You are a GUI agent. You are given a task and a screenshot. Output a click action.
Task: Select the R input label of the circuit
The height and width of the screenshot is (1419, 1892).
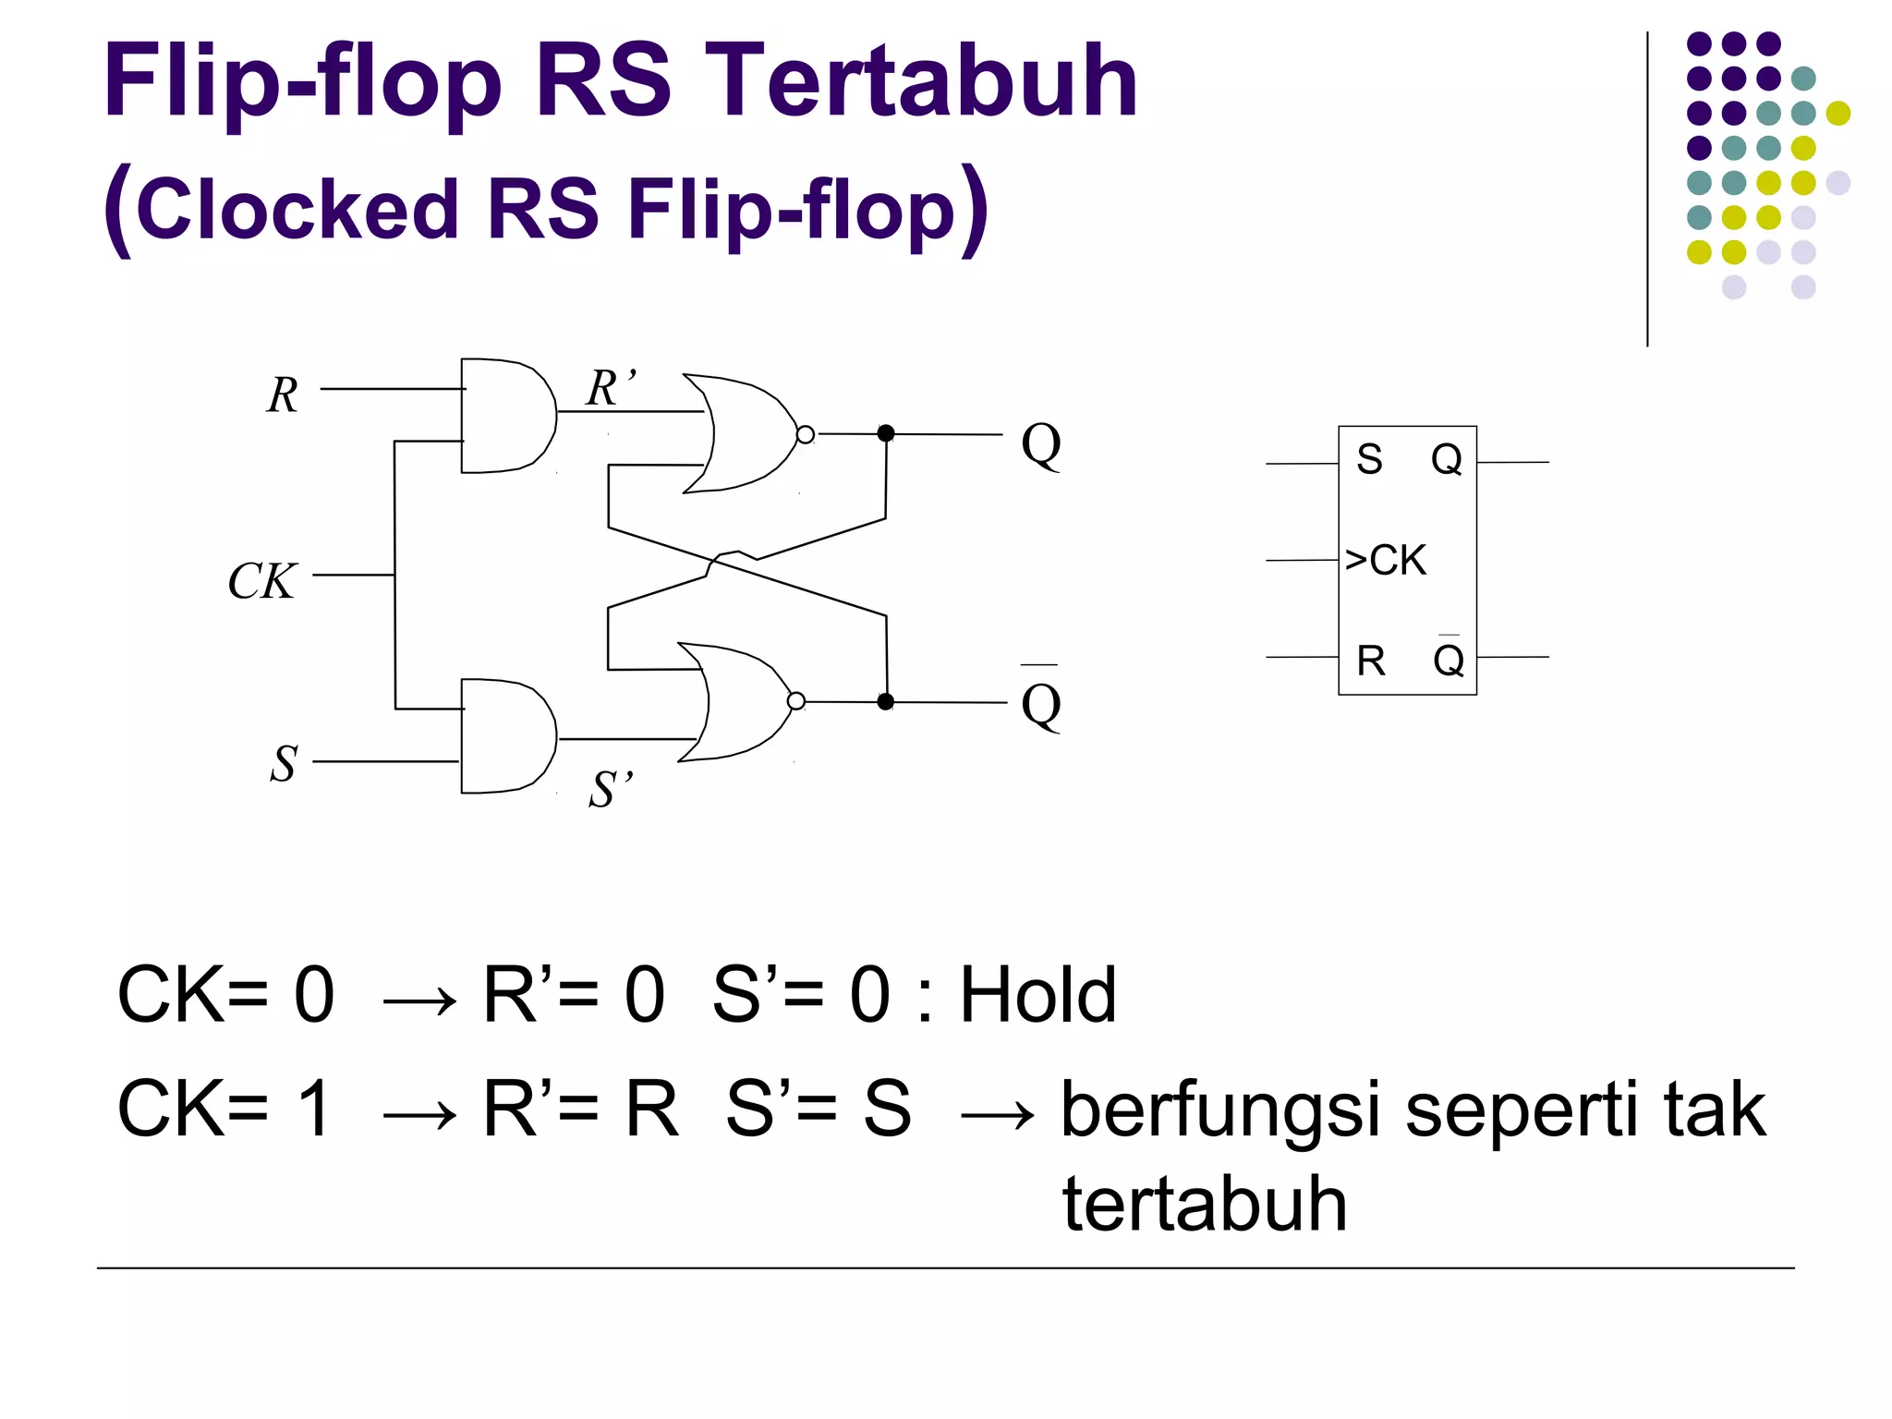click(x=283, y=395)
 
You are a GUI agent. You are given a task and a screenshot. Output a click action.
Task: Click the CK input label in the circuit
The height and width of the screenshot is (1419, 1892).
click(x=262, y=582)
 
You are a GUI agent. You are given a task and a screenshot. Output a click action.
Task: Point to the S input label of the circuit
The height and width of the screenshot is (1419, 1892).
click(x=284, y=765)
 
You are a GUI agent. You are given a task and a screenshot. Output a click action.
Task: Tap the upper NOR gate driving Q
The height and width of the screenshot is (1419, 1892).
click(x=745, y=433)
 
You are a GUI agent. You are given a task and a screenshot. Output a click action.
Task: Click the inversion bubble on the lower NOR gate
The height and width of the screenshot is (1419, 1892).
click(x=796, y=702)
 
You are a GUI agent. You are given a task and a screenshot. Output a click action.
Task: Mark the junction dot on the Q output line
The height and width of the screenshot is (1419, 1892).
click(x=886, y=433)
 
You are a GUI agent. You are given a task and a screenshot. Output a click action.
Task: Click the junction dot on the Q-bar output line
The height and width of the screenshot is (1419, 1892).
click(x=886, y=702)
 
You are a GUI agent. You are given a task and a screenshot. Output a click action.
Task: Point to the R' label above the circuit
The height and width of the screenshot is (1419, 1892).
click(x=610, y=388)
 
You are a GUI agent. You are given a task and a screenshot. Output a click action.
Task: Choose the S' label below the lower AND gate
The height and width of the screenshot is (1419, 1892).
click(x=611, y=790)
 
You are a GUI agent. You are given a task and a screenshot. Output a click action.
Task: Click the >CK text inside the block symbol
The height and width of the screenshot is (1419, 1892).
click(x=1385, y=560)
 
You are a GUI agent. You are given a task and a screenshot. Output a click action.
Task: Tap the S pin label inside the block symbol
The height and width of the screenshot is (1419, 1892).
click(x=1369, y=459)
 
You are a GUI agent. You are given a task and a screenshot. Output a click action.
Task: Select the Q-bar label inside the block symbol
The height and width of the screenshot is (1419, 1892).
click(x=1448, y=660)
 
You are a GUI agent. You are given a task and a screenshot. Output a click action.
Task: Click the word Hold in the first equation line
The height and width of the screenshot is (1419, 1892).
click(x=1038, y=996)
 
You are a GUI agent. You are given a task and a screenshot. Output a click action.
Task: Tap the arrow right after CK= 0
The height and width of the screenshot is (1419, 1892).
click(x=419, y=1001)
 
